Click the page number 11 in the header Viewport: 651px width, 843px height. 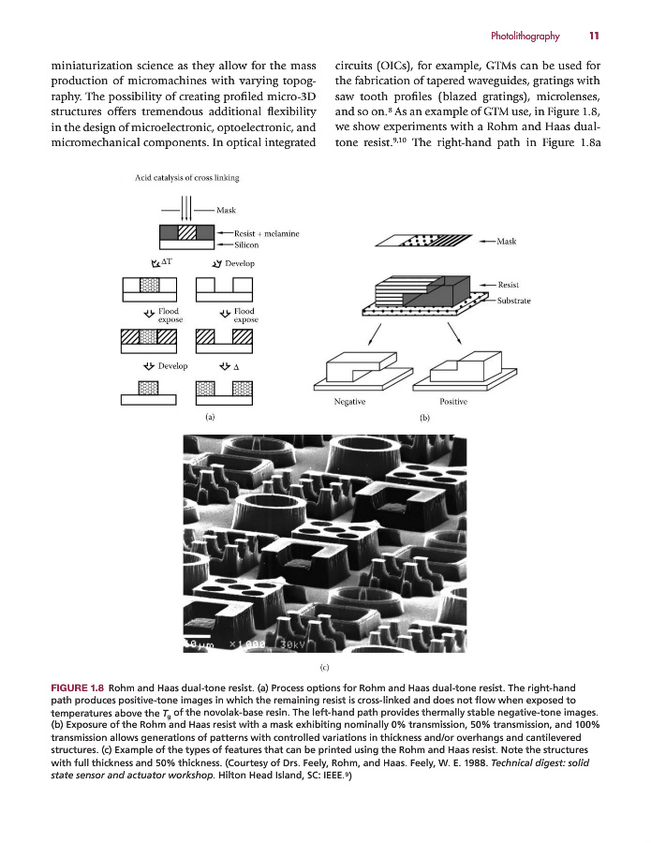pyautogui.click(x=594, y=37)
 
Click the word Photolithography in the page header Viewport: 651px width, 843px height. pyautogui.click(x=525, y=37)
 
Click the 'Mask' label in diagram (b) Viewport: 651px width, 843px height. pyautogui.click(x=506, y=241)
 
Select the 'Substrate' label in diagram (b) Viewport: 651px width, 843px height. pyautogui.click(x=513, y=300)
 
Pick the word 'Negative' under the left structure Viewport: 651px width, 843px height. pyautogui.click(x=349, y=401)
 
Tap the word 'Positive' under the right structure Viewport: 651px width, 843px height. pyautogui.click(x=452, y=401)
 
